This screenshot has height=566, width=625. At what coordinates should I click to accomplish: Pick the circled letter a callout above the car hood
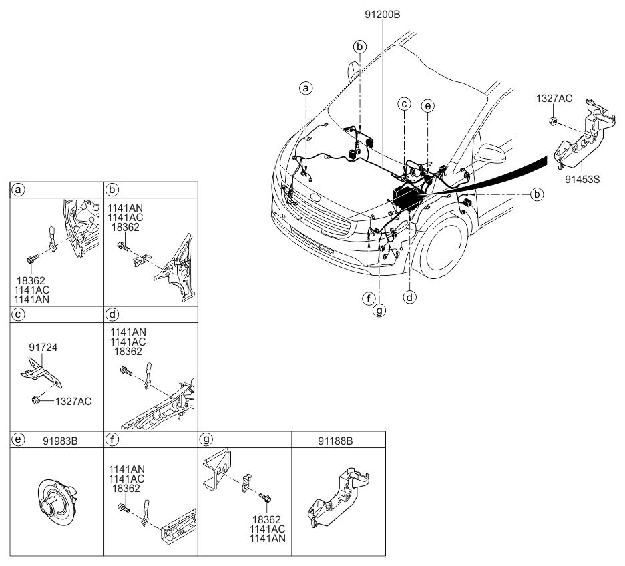coord(306,88)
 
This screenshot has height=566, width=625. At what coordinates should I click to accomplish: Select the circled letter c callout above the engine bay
coord(404,104)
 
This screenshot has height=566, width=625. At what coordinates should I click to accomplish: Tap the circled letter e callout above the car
coord(428,105)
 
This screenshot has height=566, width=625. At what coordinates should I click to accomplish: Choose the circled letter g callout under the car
coord(379,310)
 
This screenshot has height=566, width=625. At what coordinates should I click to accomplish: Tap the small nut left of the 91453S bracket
coord(554,121)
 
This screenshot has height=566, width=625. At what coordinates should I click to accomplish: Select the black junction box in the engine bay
coord(405,197)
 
